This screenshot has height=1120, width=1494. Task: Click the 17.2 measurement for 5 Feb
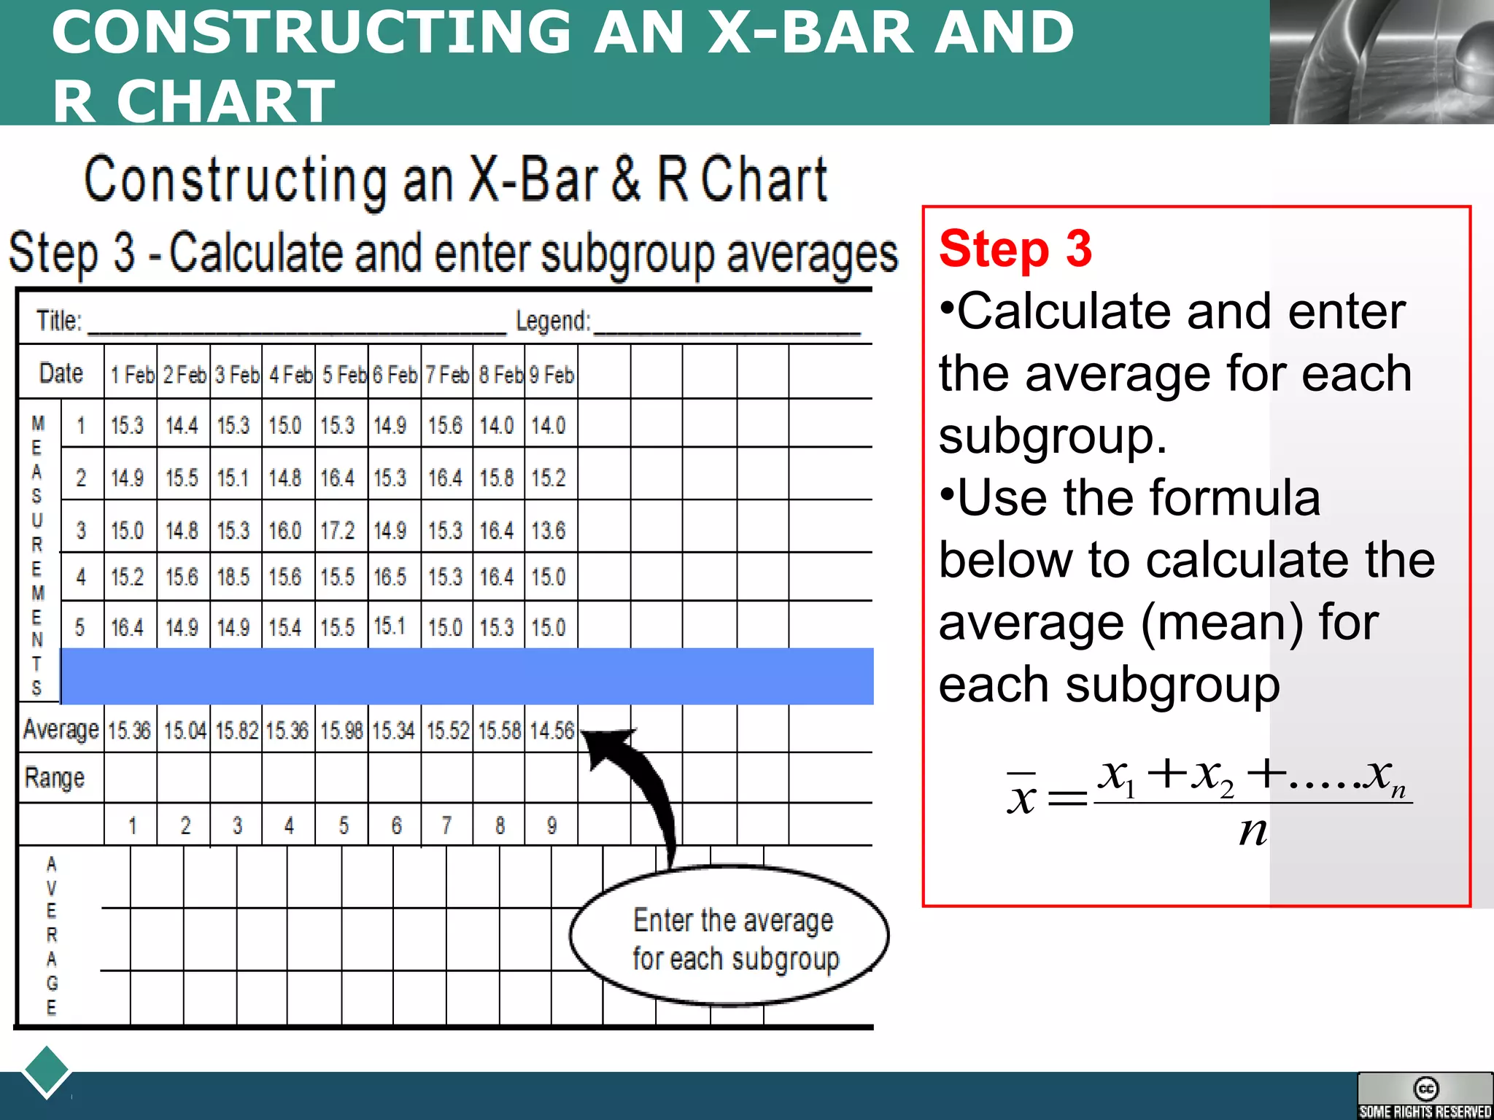(337, 530)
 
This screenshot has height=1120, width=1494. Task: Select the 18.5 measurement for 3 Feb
(233, 577)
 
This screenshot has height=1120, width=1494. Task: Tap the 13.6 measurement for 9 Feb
(549, 530)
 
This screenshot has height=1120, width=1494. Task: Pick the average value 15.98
(341, 730)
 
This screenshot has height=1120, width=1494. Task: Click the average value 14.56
(551, 730)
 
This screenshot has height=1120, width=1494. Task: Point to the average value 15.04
(185, 730)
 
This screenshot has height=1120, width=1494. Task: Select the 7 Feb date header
(447, 375)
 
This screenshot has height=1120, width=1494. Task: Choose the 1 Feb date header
(132, 375)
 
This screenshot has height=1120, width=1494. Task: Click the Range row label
(55, 777)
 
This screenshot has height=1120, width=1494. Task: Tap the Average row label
(61, 729)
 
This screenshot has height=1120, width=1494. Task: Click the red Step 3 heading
(1015, 249)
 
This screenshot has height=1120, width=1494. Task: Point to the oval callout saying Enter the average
(729, 937)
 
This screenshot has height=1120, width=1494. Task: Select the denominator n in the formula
(1253, 831)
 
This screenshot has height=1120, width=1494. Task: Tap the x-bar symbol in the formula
(1021, 795)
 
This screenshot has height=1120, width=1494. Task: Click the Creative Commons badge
(1425, 1095)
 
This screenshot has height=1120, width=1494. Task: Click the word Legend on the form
(553, 321)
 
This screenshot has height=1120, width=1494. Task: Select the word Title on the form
(59, 321)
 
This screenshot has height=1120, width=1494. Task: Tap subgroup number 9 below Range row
(551, 825)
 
